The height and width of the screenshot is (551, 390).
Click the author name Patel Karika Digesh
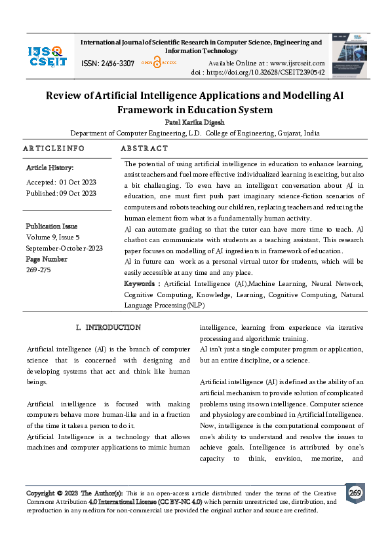[194, 122]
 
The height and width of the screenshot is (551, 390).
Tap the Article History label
[45, 168]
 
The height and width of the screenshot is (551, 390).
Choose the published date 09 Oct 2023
[79, 193]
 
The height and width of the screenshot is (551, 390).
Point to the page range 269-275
[38, 270]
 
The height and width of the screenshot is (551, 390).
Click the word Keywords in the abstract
[140, 283]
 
